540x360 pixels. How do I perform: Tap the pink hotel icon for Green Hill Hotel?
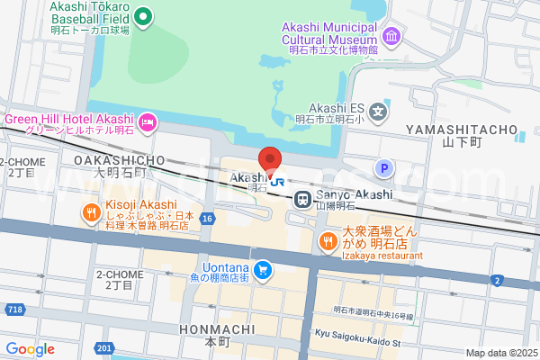tap(148, 120)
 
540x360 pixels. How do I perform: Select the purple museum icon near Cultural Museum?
tap(391, 37)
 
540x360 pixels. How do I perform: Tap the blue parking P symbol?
tap(384, 168)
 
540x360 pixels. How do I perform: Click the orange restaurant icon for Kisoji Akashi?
tap(90, 213)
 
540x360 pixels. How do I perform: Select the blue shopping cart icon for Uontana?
tap(263, 269)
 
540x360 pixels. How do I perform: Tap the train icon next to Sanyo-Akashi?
tap(305, 196)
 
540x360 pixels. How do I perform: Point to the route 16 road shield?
tap(207, 219)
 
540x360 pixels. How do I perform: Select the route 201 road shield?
tap(104, 348)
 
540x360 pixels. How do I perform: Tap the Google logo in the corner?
tap(30, 349)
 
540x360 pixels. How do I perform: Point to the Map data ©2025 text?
tap(500, 353)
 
